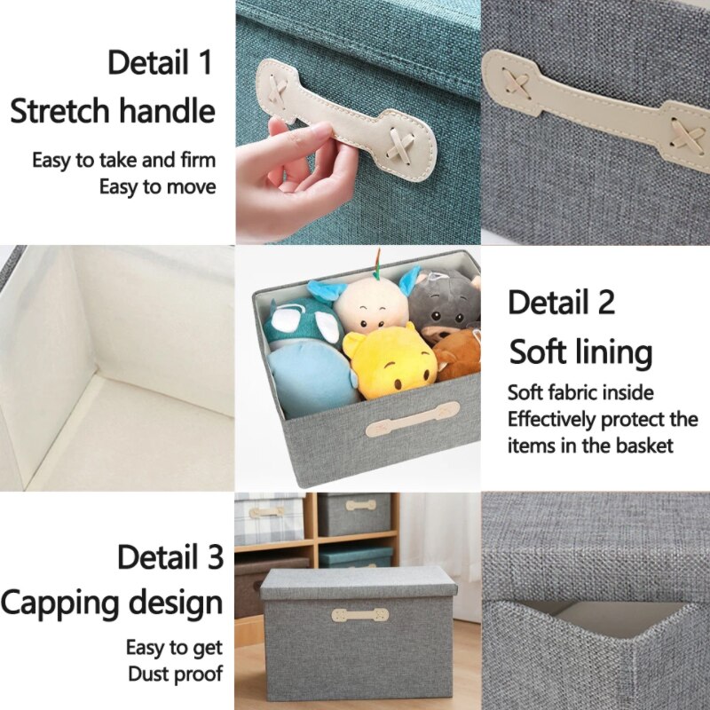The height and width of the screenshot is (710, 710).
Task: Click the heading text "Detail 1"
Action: coord(160,64)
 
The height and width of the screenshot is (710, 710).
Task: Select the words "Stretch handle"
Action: coord(113,112)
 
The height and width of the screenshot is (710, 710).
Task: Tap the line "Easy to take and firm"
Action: coord(124,161)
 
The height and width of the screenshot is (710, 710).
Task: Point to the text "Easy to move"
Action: coord(157,187)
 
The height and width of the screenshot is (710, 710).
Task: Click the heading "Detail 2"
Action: coord(561,303)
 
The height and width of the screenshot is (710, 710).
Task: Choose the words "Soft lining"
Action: coord(580,352)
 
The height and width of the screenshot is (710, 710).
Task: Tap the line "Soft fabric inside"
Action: coord(580,392)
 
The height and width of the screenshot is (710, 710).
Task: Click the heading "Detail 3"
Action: coord(170,557)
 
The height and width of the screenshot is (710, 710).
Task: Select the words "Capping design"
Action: coord(112,603)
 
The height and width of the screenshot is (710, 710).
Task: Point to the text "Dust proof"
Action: coord(175,673)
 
